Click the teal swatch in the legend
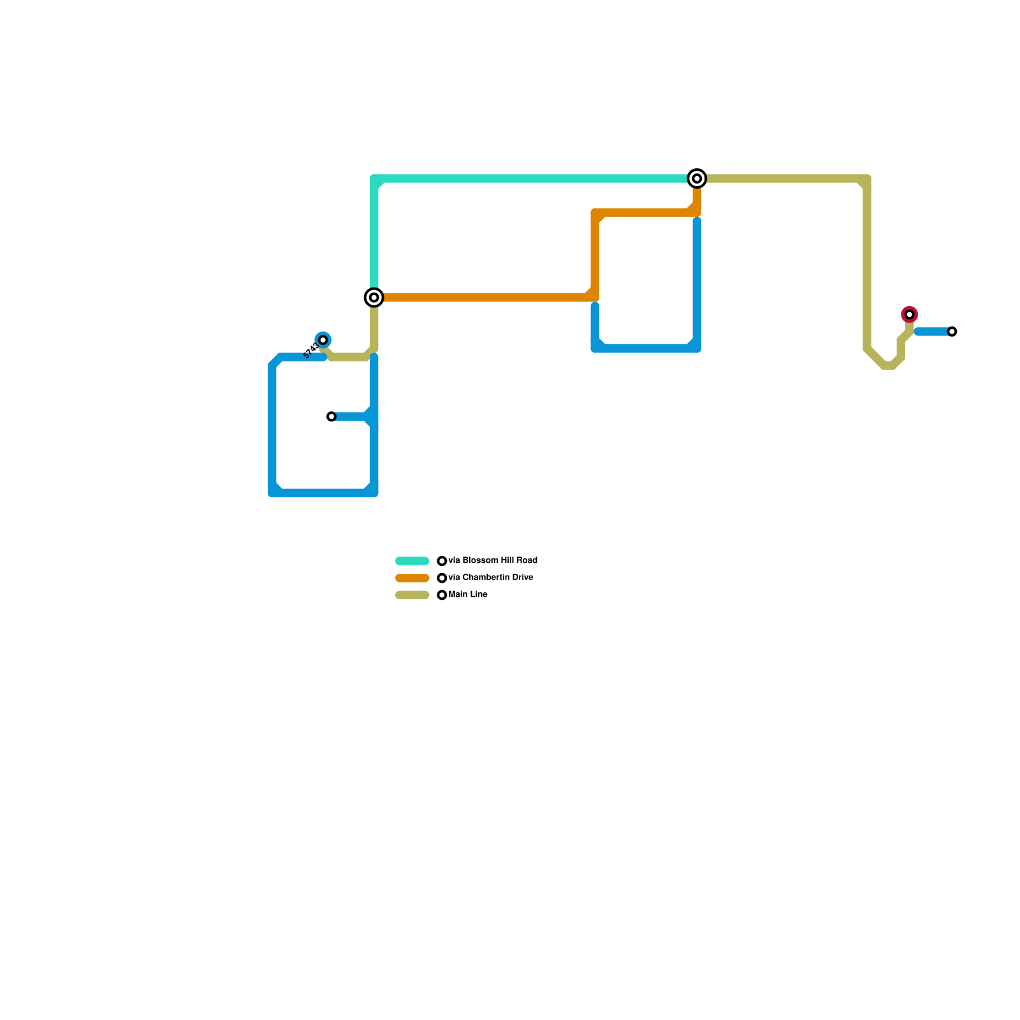412,561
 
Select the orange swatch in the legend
412,578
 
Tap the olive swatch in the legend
412,595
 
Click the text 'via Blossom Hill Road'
493,561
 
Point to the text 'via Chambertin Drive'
491,578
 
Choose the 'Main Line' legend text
468,595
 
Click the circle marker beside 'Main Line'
442,595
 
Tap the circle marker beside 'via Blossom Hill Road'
442,561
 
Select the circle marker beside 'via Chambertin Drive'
442,578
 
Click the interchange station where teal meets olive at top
697,178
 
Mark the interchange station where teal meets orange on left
374,298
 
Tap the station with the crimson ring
910,314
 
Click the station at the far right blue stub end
952,331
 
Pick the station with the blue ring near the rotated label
323,340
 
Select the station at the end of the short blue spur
331,417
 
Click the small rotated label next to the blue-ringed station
311,351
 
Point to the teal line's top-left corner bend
374,179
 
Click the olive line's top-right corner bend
867,179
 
